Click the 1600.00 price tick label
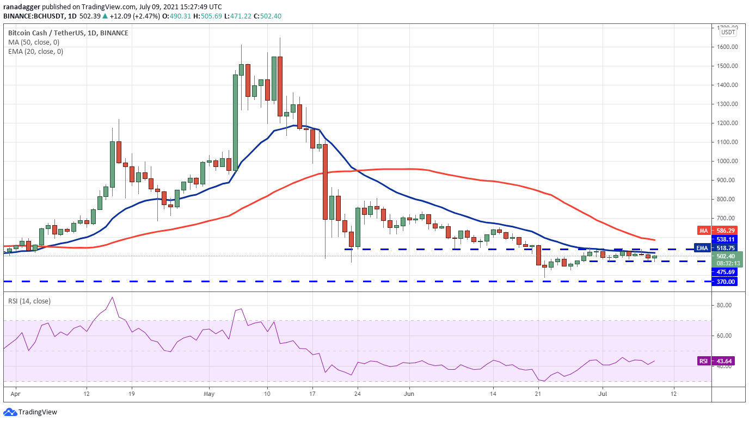pyautogui.click(x=726, y=47)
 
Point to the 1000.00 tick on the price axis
pyautogui.click(x=726, y=161)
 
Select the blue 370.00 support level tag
pyautogui.click(x=725, y=282)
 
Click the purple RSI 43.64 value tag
pyautogui.click(x=716, y=361)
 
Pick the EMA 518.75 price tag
pyautogui.click(x=716, y=248)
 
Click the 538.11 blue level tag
pyautogui.click(x=725, y=239)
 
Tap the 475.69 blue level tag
pyautogui.click(x=725, y=272)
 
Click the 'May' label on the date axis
pyautogui.click(x=209, y=394)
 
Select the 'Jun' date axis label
pyautogui.click(x=409, y=394)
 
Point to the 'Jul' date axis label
pyautogui.click(x=603, y=394)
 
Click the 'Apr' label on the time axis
pyautogui.click(x=15, y=394)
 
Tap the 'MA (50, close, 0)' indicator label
pyautogui.click(x=34, y=42)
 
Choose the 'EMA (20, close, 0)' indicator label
pyautogui.click(x=35, y=52)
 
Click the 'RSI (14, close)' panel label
pyautogui.click(x=29, y=301)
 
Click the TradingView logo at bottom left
pyautogui.click(x=30, y=412)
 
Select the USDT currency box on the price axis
pyautogui.click(x=728, y=32)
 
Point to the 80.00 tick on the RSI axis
pyautogui.click(x=725, y=305)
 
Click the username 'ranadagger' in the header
pyautogui.click(x=22, y=7)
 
